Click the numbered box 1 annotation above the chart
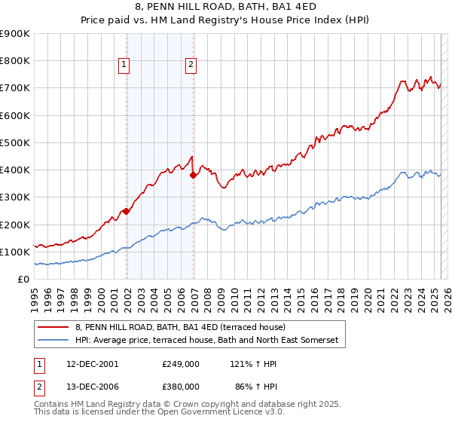click(123, 66)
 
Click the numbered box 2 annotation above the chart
click(191, 66)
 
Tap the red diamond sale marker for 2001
click(127, 211)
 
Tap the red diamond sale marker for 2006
click(194, 175)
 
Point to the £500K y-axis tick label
click(15, 142)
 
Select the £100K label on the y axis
click(15, 252)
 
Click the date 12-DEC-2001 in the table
click(92, 364)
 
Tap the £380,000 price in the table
click(181, 386)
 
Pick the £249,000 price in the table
click(181, 364)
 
